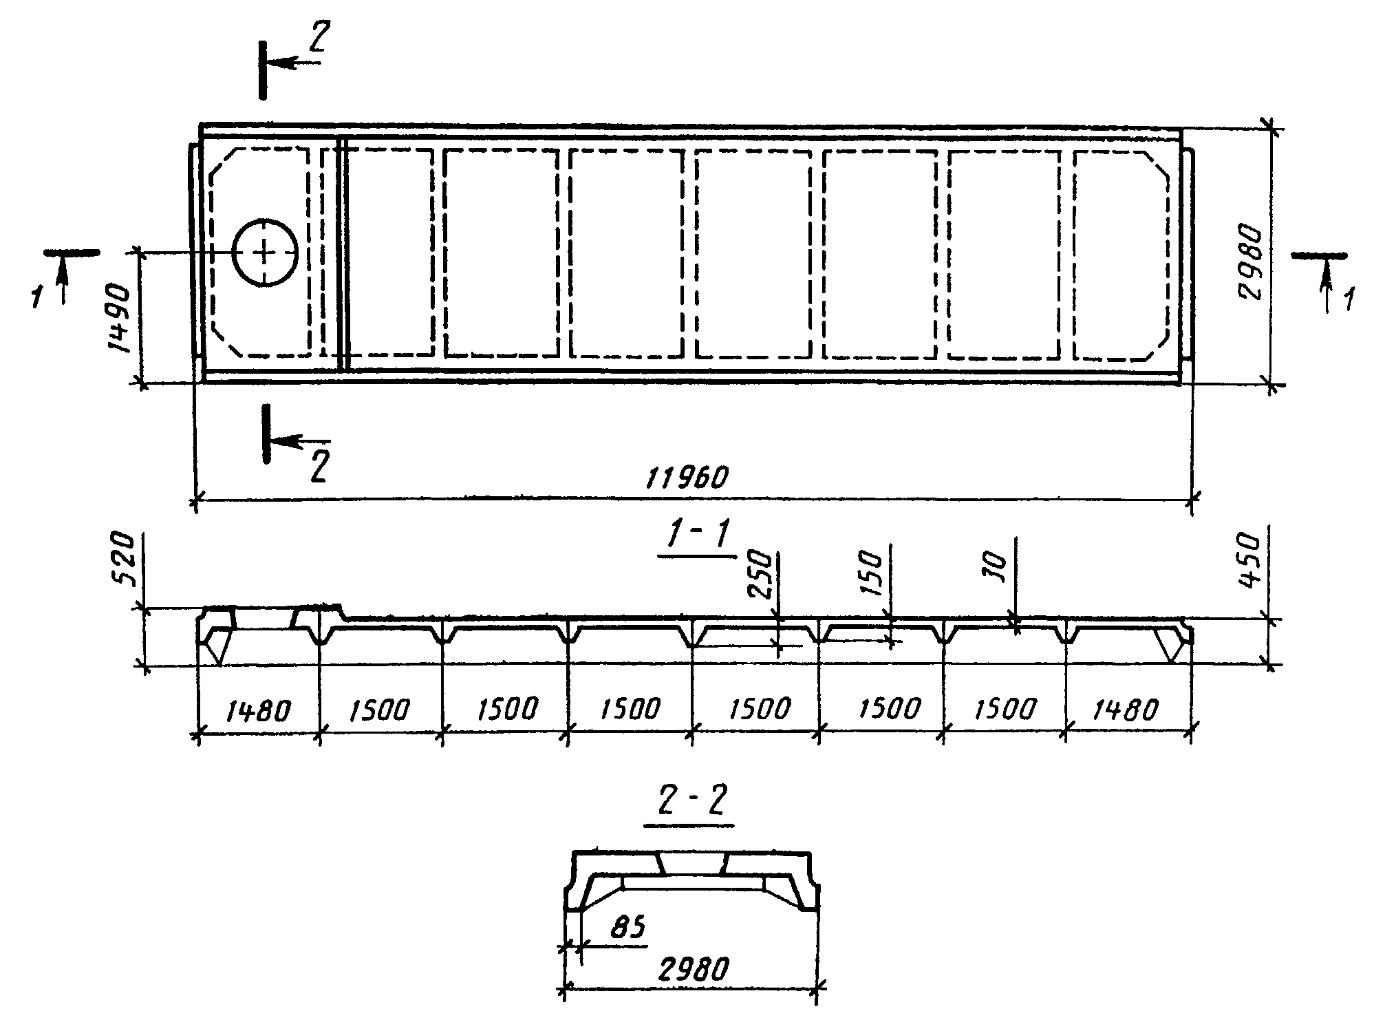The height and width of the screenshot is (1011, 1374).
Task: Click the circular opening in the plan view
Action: (264, 253)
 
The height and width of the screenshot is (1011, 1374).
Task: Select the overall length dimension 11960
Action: (686, 477)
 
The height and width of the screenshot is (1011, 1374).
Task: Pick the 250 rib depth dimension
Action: (760, 575)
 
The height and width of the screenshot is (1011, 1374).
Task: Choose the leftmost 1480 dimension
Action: (257, 710)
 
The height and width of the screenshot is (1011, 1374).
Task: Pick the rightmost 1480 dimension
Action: (1126, 710)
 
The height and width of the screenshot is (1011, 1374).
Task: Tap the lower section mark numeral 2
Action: (318, 467)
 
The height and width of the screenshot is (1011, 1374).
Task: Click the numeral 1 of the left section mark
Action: (36, 297)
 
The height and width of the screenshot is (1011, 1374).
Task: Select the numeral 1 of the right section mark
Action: (1349, 301)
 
